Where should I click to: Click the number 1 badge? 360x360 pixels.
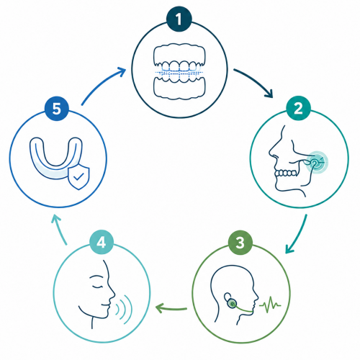pos(179,19)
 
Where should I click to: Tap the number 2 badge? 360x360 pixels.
pos(298,108)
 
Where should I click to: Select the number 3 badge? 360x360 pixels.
pos(240,243)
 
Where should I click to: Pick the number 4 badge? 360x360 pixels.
pos(102,243)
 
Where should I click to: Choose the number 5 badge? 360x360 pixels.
pos(57,109)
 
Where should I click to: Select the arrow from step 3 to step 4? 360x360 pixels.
pos(171,308)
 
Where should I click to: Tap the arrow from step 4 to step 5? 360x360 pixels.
pos(59,230)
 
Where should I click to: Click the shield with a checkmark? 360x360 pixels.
pos(78,178)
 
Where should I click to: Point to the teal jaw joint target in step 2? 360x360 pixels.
pos(317,162)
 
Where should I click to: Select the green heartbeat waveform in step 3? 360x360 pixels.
pos(270,305)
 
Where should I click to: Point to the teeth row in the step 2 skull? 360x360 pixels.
pos(286,173)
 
